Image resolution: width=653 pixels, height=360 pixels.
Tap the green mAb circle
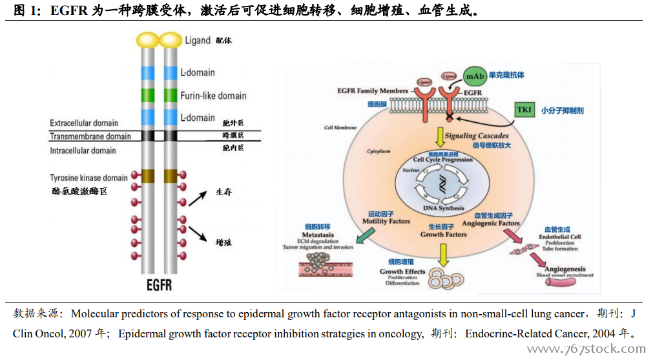[x=475, y=76]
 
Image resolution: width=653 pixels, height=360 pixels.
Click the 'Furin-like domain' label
[x=213, y=96]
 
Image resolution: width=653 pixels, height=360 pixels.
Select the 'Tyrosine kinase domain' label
[x=89, y=178]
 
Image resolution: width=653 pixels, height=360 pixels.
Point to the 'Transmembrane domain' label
[x=90, y=136]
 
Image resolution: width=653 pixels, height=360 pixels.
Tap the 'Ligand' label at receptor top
[x=198, y=41]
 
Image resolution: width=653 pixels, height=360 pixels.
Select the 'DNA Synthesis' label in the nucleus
[x=444, y=208]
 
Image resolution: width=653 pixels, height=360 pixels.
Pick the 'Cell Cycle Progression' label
[x=443, y=160]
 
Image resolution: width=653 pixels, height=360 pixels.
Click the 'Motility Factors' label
[x=386, y=221]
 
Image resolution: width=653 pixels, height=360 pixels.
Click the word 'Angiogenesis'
[x=565, y=269]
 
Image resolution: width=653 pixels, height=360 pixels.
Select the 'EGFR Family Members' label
[x=373, y=91]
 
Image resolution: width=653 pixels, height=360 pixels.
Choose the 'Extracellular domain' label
[x=84, y=123]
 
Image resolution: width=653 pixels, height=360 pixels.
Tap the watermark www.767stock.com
[x=586, y=350]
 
